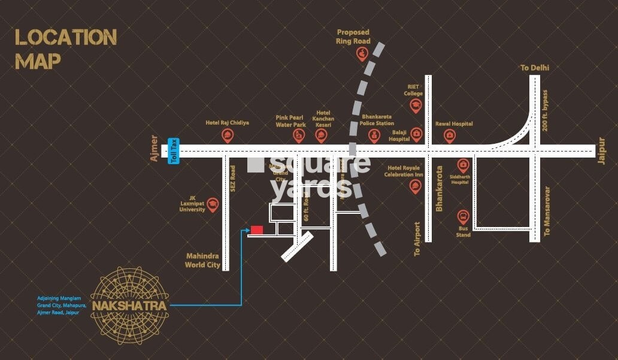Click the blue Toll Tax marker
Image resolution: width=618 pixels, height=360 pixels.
174,150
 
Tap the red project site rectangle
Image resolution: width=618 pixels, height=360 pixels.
257,229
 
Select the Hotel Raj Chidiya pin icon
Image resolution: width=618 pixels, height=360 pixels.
228,136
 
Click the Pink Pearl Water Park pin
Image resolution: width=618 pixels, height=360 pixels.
299,136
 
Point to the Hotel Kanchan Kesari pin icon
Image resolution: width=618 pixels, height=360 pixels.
322,136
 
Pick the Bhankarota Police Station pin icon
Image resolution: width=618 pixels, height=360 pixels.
374,136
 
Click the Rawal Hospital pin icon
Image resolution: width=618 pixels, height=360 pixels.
449,136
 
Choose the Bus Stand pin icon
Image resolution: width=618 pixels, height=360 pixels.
463,217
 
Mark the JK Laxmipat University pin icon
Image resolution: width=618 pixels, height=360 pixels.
212,204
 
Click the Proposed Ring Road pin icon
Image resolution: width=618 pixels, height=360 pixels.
362,55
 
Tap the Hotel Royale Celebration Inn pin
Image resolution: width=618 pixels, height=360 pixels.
415,186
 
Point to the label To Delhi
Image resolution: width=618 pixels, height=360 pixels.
534,68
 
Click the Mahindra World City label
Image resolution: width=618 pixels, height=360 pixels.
203,260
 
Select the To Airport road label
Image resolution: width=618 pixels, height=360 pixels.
417,239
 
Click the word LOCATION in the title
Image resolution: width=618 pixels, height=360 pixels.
66,38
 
